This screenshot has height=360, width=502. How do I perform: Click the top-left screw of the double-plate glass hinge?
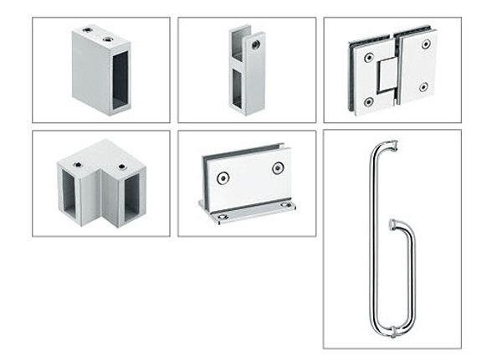(369, 58)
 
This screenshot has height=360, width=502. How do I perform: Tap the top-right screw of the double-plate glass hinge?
(426, 44)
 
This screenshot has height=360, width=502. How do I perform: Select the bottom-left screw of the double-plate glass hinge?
(369, 101)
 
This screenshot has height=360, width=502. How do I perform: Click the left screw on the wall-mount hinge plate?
(223, 178)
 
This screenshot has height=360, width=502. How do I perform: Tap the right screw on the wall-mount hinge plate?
(278, 168)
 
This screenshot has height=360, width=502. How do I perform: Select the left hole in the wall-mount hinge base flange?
(221, 219)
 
